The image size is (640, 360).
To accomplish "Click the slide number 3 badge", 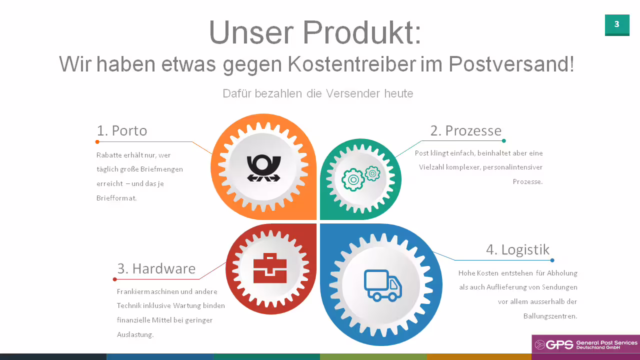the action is [617, 25].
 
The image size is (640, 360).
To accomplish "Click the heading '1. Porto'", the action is [122, 130].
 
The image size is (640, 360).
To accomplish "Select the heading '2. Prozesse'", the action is [465, 130].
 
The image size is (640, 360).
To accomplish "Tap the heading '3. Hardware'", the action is [156, 268].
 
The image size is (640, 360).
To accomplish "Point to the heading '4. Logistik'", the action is [517, 249].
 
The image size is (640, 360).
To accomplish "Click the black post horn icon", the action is [263, 168].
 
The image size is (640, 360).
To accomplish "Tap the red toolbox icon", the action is [270, 268].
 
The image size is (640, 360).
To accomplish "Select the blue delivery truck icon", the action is [383, 285].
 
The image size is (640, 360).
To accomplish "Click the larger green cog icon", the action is [353, 179].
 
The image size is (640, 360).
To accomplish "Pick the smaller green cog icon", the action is [372, 173].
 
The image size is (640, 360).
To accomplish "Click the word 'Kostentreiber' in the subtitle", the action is [351, 64].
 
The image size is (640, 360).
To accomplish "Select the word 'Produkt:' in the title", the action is [362, 32].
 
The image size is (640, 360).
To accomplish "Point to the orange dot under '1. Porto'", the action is [97, 141].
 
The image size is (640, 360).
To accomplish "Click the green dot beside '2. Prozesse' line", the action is [503, 140].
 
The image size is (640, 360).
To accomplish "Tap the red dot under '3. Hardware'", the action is [115, 279].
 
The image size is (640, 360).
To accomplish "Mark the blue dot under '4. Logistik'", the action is [552, 260].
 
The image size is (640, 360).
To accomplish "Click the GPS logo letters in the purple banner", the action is [559, 345].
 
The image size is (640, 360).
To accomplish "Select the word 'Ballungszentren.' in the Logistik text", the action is [550, 316].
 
